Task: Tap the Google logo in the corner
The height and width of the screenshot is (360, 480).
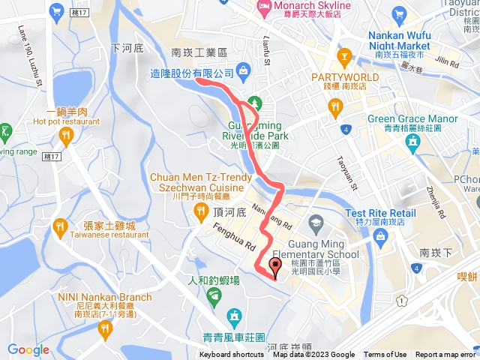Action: click(x=28, y=349)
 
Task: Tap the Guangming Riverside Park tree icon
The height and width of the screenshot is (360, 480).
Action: click(x=253, y=102)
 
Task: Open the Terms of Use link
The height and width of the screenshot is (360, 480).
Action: click(x=385, y=355)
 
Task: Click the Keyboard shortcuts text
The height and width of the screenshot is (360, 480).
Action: click(x=232, y=355)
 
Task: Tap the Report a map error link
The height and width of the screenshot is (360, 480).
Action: click(x=445, y=355)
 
